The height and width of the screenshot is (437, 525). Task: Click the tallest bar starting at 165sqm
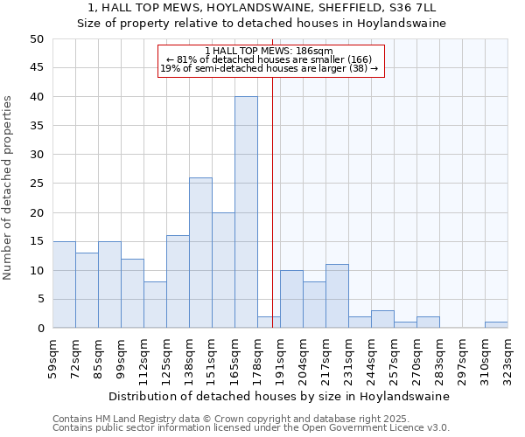pos(246,212)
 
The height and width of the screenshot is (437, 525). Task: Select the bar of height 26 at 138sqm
pos(200,253)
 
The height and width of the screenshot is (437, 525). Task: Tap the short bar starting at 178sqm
pos(269,323)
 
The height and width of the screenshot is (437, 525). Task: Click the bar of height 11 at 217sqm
pos(337,296)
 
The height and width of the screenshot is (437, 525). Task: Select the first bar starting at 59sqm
pos(64,285)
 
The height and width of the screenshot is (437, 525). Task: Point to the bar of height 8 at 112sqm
pos(155,305)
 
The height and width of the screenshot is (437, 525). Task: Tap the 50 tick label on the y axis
pos(36,39)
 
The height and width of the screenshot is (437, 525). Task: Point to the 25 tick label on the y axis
pos(36,184)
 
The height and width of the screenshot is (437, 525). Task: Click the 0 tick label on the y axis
pos(39,329)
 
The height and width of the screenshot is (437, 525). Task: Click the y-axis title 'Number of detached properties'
pos(9,184)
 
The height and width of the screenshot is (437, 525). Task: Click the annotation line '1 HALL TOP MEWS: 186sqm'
pos(271,51)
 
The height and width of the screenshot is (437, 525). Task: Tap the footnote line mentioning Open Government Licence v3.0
pos(251,428)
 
